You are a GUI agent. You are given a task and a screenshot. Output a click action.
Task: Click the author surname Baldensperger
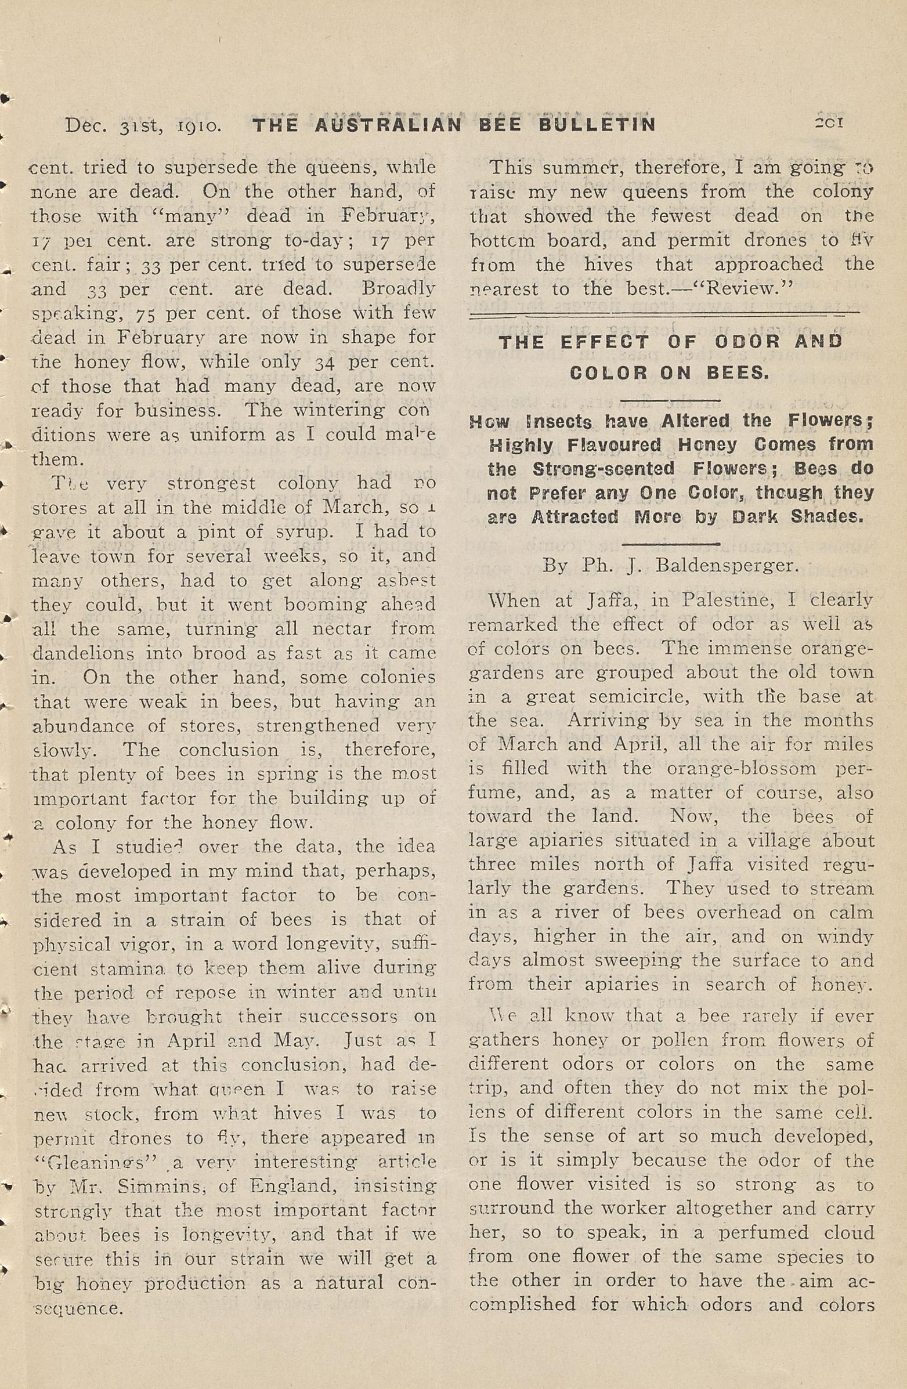coord(727,565)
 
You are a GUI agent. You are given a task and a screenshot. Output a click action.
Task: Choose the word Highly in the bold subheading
coord(521,445)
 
